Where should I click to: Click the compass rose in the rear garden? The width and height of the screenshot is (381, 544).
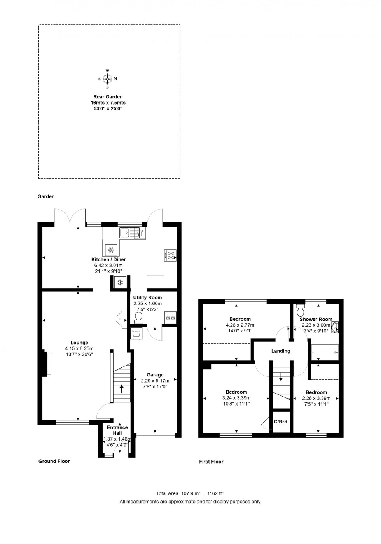tap(108, 79)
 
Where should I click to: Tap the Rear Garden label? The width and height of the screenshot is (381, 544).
tap(108, 97)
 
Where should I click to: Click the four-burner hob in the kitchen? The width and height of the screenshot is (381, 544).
tap(170, 255)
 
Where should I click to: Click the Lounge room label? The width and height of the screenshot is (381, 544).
tap(79, 343)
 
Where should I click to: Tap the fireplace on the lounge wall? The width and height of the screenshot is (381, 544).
tap(47, 364)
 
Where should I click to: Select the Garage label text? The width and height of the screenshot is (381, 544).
tap(155, 375)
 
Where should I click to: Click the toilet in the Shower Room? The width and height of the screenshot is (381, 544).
tap(301, 310)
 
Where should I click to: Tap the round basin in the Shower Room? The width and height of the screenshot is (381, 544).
tap(335, 327)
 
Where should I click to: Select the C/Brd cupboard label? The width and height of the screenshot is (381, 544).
tap(281, 422)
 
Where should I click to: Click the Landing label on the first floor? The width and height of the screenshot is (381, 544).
tap(281, 351)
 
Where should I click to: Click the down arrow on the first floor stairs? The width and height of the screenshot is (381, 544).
tap(281, 377)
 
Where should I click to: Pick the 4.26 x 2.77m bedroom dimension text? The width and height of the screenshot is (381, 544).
tap(240, 325)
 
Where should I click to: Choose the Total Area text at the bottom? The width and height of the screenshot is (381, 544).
tap(190, 493)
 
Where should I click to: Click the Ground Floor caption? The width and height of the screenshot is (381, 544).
tap(54, 461)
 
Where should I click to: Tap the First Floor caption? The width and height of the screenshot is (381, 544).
tap(211, 462)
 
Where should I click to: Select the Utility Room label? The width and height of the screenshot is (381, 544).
tap(147, 297)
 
